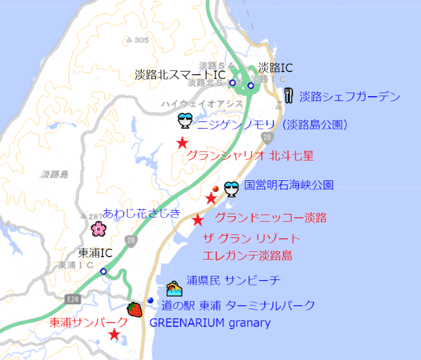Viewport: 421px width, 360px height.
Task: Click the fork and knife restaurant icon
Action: tap(289, 96)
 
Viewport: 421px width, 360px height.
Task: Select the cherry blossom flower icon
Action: tap(98, 228)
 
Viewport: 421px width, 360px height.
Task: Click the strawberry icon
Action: tap(135, 310)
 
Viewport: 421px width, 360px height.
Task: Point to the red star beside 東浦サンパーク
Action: tap(114, 335)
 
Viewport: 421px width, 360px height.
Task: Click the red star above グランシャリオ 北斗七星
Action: tap(182, 143)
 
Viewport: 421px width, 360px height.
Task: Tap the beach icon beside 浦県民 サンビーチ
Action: tap(174, 288)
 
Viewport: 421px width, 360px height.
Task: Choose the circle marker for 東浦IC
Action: tap(103, 272)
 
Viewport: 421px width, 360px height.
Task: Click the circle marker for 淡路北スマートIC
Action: tap(232, 83)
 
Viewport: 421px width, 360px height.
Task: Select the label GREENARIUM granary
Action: tap(210, 323)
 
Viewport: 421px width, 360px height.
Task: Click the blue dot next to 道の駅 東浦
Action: tap(150, 301)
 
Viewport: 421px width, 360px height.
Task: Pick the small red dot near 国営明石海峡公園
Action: tap(215, 188)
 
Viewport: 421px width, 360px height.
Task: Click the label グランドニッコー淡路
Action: tap(271, 218)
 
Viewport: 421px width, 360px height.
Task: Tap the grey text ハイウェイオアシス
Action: tap(201, 104)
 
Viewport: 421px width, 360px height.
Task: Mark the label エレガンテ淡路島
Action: tap(248, 255)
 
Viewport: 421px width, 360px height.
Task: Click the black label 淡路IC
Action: tap(275, 68)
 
